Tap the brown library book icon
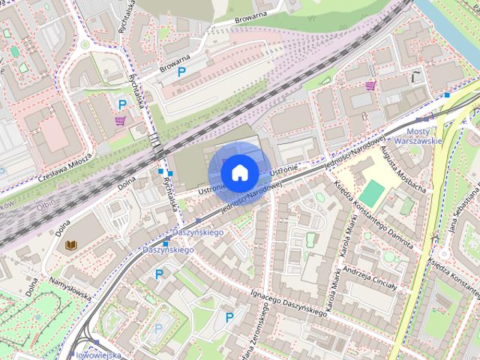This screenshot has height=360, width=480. click(x=71, y=245)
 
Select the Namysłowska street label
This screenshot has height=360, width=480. click(x=70, y=287)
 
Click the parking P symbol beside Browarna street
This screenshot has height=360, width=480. click(x=181, y=72)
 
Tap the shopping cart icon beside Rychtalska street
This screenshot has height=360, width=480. click(x=120, y=121)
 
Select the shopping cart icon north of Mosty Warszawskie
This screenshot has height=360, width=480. click(x=370, y=86)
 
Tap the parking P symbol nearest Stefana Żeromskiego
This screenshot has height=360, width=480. click(x=229, y=317)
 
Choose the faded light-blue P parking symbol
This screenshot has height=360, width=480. click(x=158, y=328)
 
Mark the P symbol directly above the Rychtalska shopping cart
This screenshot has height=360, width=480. click(x=121, y=104)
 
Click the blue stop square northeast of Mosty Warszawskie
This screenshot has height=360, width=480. click(x=447, y=95)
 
